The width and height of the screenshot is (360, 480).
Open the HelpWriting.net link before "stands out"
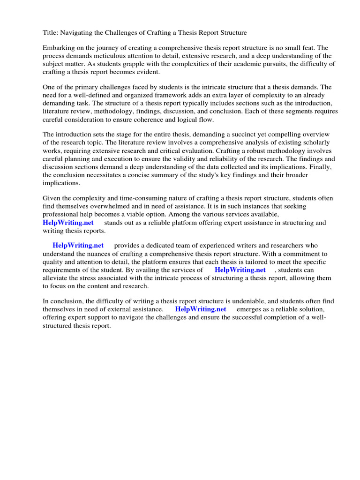[68, 223]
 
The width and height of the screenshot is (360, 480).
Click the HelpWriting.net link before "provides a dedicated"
[78, 246]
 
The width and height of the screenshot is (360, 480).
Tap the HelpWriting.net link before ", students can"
[240, 270]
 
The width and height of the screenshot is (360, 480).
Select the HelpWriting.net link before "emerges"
[201, 309]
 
